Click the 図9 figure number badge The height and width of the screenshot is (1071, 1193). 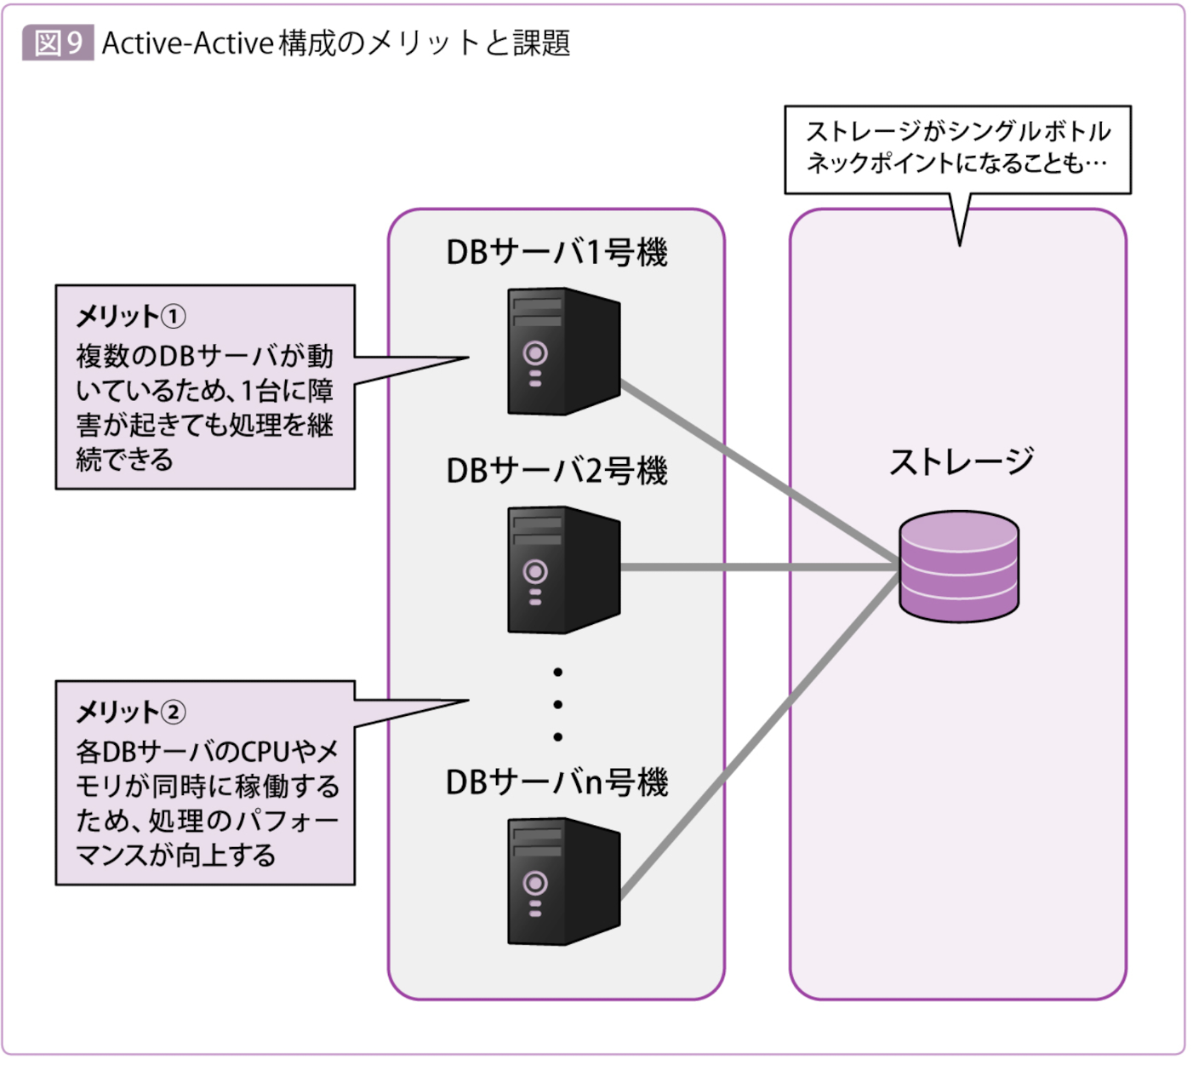(58, 43)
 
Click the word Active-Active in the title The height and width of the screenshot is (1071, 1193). (187, 43)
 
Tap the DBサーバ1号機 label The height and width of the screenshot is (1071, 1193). (557, 252)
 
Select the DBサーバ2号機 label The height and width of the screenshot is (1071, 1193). (557, 471)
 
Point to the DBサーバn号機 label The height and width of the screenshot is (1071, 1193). (557, 782)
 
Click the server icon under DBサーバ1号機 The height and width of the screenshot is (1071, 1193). (562, 352)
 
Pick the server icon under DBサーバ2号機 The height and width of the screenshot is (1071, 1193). (562, 570)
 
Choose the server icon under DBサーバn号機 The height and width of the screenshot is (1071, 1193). (562, 881)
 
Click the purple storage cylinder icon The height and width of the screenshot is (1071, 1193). (959, 566)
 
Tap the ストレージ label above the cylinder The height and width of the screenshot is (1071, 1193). (961, 462)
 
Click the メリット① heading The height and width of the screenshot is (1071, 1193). (130, 317)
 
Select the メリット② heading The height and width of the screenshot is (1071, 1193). (130, 712)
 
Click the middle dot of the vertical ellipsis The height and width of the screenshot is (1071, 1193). (557, 705)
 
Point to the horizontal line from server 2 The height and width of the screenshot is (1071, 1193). (757, 567)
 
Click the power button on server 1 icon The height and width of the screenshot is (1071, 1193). (535, 352)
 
